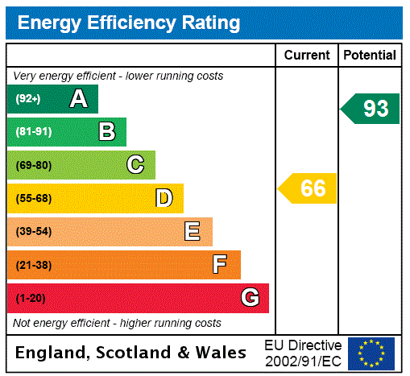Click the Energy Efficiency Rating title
(x=129, y=23)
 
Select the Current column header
(x=307, y=56)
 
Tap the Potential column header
(x=369, y=56)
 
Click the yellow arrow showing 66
(x=308, y=188)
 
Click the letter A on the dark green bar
(x=78, y=99)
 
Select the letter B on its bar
(x=106, y=132)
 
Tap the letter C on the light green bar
(x=135, y=165)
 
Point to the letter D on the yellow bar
(x=164, y=198)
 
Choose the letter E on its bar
(x=192, y=232)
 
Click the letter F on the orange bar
(x=219, y=265)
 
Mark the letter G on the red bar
(x=250, y=298)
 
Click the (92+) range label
(x=28, y=99)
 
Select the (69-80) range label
(x=34, y=165)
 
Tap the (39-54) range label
(x=34, y=232)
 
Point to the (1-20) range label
(x=31, y=298)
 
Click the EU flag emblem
(x=371, y=353)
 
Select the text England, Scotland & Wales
(x=131, y=353)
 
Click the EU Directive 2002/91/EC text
(x=303, y=353)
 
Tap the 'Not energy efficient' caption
(x=117, y=323)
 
